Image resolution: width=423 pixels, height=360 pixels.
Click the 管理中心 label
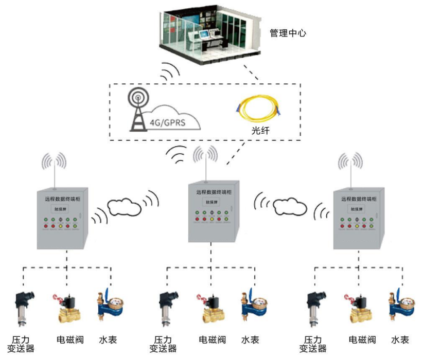coord(288,33)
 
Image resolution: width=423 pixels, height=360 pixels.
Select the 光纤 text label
coord(261,131)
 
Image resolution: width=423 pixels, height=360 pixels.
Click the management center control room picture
coord(211,33)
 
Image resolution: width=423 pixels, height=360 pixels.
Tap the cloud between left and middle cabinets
coord(124,207)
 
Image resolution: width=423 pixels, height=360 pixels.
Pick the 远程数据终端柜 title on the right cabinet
coord(359,198)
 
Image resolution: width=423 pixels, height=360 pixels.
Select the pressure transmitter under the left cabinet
coord(22,309)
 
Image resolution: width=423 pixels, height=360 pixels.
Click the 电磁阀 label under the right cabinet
coord(362,340)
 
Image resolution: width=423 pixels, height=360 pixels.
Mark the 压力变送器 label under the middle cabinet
coord(163,345)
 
